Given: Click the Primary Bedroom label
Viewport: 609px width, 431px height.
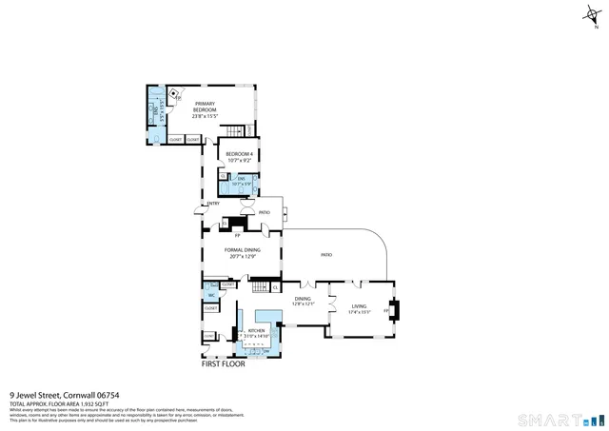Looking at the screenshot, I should (205, 107).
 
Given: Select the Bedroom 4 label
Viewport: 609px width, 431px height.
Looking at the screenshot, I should (239, 154).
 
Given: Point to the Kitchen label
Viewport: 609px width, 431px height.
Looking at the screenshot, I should (244, 330).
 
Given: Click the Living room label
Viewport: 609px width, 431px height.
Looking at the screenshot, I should (358, 306).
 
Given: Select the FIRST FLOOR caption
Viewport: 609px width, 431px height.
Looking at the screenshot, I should (223, 363).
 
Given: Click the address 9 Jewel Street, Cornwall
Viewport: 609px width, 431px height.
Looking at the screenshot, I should (64, 395).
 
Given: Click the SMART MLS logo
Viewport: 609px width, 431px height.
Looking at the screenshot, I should (557, 420).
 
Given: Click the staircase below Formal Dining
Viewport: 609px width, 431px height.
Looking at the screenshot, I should (259, 286).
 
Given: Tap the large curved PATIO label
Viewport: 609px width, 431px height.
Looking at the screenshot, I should (325, 255).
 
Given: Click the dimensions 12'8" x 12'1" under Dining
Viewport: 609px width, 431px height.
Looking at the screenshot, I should (303, 304).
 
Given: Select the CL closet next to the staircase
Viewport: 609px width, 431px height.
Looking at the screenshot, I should (275, 287).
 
